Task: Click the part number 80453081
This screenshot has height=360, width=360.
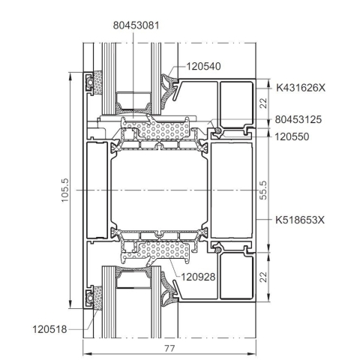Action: pos(136,25)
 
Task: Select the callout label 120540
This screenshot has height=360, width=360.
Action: pos(204,67)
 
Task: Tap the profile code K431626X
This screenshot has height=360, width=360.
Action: pos(301,88)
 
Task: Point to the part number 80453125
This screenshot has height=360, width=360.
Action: pos(298,119)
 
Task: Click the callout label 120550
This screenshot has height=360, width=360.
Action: pos(292,136)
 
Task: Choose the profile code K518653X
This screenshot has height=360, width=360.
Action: pos(300,220)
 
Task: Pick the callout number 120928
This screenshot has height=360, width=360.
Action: pos(198,277)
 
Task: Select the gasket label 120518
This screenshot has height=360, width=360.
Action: pos(50,329)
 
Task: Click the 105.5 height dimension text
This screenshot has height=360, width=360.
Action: pos(64,190)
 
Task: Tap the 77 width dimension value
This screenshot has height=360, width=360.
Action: pos(169,348)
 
